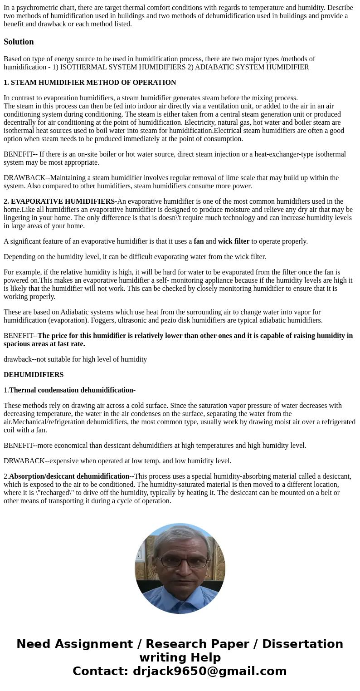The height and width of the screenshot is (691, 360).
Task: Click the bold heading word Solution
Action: [19, 42]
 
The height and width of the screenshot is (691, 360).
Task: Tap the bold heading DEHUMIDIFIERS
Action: [34, 375]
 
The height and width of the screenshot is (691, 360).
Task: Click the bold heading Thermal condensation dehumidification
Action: [72, 390]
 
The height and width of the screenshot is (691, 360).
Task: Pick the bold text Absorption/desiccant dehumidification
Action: [69, 476]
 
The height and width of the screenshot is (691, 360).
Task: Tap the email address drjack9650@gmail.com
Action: [209, 671]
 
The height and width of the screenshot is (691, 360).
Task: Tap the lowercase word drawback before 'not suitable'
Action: [18, 359]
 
